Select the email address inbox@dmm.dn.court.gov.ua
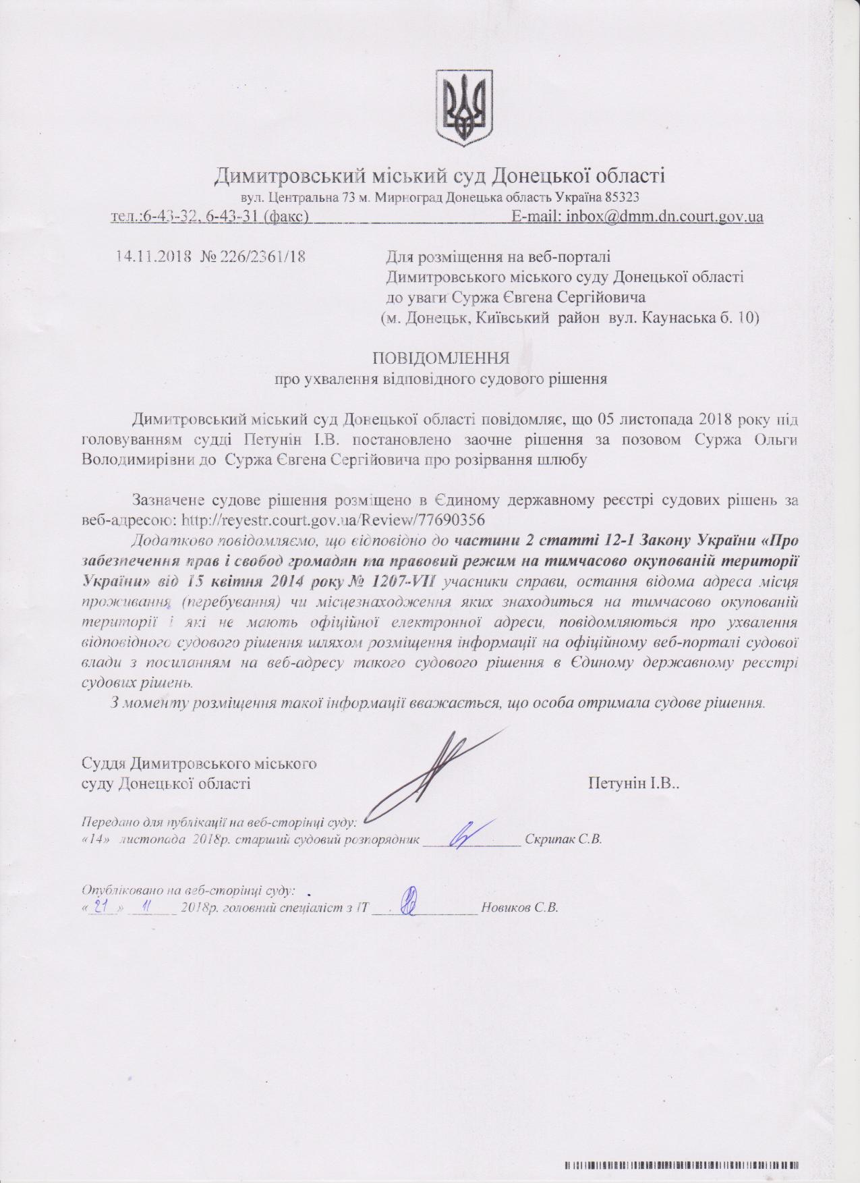(x=664, y=217)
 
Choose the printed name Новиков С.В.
(x=519, y=908)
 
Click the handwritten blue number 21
(x=103, y=907)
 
